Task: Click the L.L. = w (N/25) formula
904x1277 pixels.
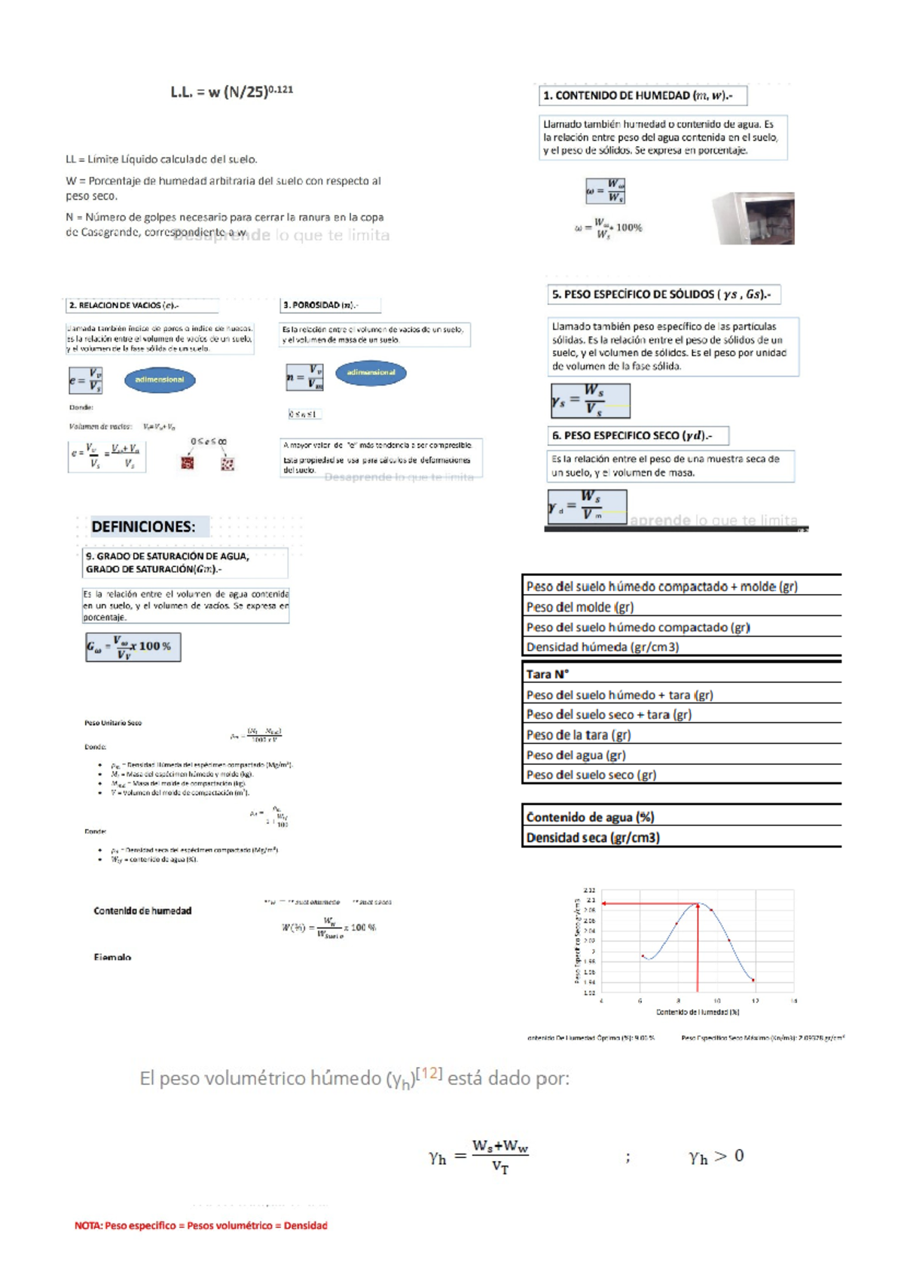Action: tap(231, 92)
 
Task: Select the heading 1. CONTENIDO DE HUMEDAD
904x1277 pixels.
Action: tap(643, 96)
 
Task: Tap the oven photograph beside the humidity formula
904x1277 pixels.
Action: tap(753, 218)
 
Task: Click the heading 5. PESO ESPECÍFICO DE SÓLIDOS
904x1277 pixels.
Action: tap(662, 294)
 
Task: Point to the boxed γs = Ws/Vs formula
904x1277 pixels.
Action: tap(590, 401)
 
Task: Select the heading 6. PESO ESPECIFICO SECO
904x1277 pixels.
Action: tap(637, 435)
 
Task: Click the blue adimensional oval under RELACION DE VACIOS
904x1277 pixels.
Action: tap(160, 379)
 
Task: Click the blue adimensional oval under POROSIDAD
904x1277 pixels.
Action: tap(371, 373)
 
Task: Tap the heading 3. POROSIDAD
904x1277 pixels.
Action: tap(330, 305)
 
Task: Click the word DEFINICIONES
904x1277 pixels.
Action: tap(143, 526)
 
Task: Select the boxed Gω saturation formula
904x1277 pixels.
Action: tap(133, 647)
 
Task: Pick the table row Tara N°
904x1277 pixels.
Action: tap(548, 674)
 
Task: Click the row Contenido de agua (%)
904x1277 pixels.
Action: tap(590, 817)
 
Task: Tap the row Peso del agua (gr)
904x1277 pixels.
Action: tap(576, 754)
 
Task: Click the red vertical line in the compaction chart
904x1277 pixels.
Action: tap(698, 949)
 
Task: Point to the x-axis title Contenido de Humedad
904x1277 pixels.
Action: tap(698, 1012)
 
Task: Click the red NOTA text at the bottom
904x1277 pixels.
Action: tap(200, 1225)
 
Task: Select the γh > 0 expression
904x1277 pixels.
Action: tap(716, 1157)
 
